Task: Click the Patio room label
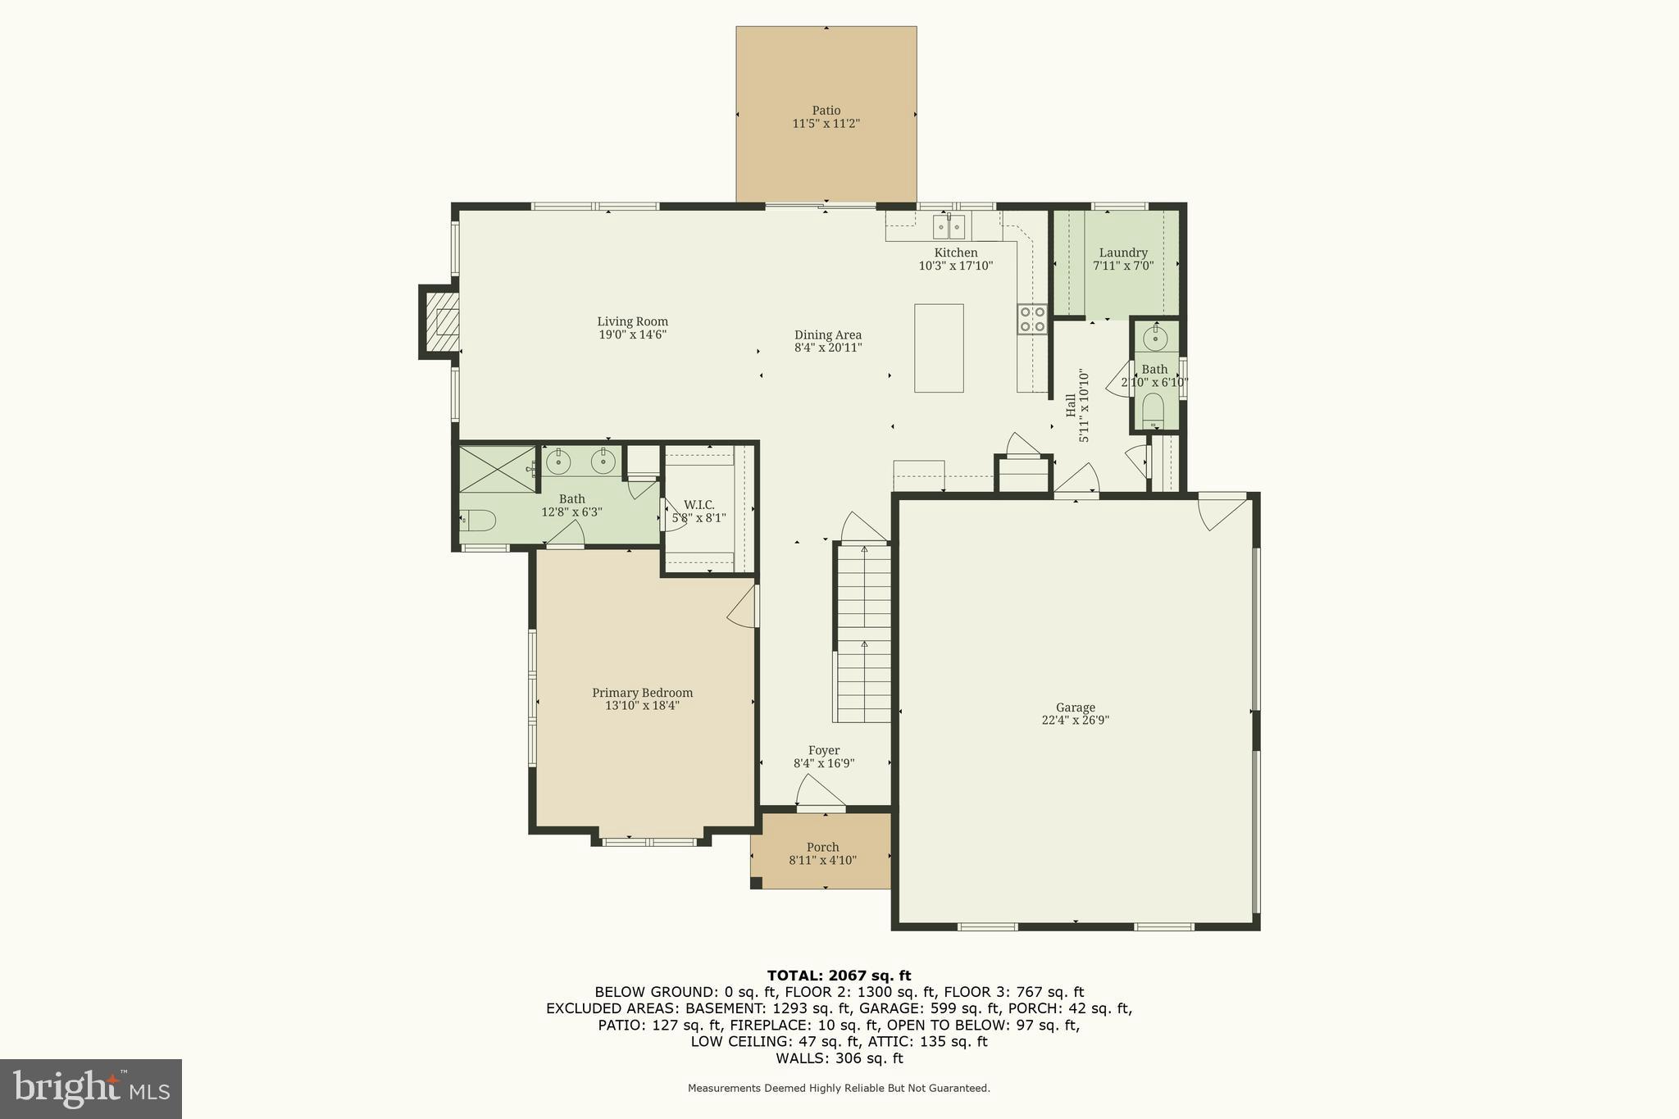click(x=826, y=111)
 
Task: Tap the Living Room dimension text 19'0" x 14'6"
click(x=633, y=334)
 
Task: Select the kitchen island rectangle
click(x=939, y=348)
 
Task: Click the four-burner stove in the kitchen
click(x=1032, y=319)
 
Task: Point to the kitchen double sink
click(x=949, y=226)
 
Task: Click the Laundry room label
click(x=1123, y=253)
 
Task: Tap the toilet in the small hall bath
click(x=1153, y=410)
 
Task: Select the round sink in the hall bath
click(x=1155, y=337)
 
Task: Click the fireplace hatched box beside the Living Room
click(x=440, y=322)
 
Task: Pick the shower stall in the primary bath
click(x=497, y=469)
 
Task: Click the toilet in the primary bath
click(x=477, y=520)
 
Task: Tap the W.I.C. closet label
click(x=699, y=505)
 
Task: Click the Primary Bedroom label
click(x=643, y=693)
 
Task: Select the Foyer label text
click(x=824, y=751)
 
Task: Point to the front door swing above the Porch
click(x=821, y=792)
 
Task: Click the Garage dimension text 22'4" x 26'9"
click(x=1076, y=721)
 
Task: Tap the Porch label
click(x=822, y=848)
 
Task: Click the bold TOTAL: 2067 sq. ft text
click(x=839, y=976)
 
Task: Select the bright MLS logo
click(x=91, y=1089)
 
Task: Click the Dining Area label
click(x=828, y=334)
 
